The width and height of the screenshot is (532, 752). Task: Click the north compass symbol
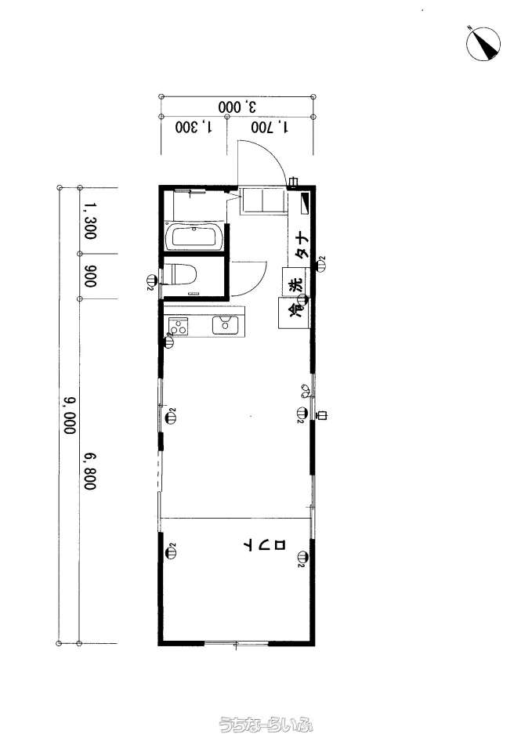tap(483, 43)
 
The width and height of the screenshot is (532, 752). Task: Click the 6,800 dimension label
tap(90, 472)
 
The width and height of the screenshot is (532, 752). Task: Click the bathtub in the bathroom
tap(194, 237)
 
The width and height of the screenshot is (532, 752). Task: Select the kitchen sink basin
tap(225, 324)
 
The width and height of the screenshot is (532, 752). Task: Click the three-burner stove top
tap(179, 327)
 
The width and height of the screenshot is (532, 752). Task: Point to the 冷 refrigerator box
tap(294, 313)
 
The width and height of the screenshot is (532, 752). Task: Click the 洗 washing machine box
tap(296, 285)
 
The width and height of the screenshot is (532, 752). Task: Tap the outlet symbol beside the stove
tap(169, 341)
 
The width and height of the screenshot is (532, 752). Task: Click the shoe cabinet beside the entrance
tap(263, 201)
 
